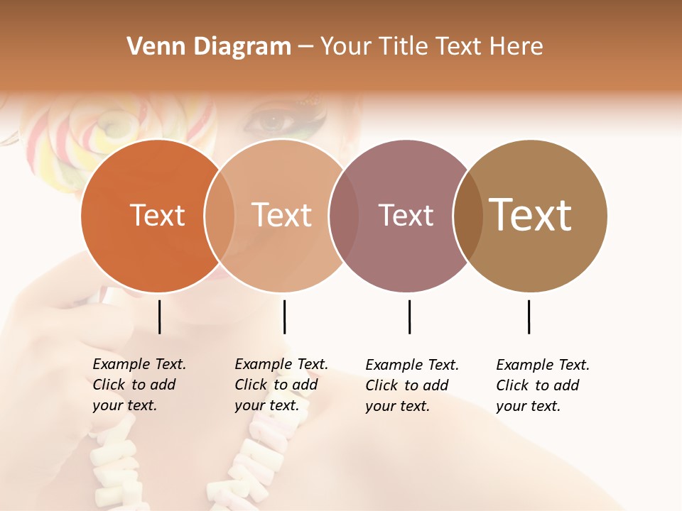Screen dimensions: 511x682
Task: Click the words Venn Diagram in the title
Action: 209,47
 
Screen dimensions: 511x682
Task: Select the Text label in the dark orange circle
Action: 157,215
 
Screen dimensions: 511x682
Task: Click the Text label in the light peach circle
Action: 281,215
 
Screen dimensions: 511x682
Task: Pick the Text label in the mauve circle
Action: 406,215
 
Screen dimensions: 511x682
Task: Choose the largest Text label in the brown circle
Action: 531,215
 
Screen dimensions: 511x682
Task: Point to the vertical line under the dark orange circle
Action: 159,317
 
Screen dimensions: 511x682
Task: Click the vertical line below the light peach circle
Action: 284,317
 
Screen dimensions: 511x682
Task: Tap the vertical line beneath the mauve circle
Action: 409,317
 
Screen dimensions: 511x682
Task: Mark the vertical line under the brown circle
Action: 529,317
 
